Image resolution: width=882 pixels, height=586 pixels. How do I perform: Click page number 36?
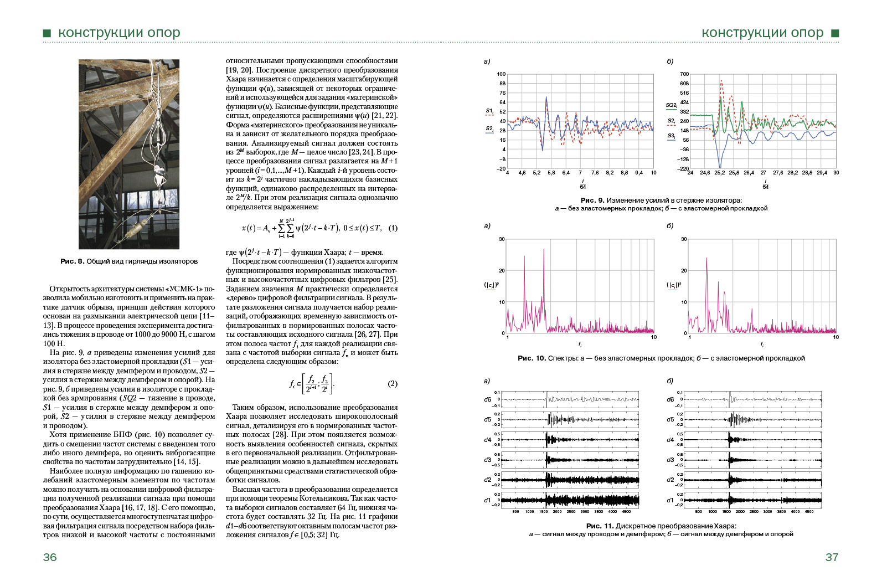50,557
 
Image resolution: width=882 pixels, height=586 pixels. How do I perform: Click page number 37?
832,557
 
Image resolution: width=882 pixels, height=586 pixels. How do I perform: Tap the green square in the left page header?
47,34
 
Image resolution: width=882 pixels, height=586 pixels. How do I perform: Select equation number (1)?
393,228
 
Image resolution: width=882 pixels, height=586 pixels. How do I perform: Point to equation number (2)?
393,384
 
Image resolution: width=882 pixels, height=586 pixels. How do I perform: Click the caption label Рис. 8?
72,261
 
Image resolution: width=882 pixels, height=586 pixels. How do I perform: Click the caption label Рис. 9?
592,201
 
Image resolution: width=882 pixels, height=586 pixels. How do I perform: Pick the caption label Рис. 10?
532,358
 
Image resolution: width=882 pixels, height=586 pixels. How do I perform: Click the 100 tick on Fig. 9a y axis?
501,74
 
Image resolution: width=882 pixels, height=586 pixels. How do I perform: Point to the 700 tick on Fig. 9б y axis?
684,74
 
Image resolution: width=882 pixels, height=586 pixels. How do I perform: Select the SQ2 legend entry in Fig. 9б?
671,105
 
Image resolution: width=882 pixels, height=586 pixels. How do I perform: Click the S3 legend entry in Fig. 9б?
671,136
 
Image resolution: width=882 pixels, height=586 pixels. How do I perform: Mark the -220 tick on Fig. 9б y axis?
683,169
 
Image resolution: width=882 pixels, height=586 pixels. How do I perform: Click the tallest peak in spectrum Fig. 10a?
544,250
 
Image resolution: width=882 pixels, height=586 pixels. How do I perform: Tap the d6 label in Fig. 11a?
487,399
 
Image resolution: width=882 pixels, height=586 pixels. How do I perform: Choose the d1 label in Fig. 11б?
670,500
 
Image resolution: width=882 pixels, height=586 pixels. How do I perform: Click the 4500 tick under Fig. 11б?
809,512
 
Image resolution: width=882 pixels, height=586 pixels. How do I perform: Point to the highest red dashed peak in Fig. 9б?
721,81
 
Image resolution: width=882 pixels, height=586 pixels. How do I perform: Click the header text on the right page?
762,33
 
